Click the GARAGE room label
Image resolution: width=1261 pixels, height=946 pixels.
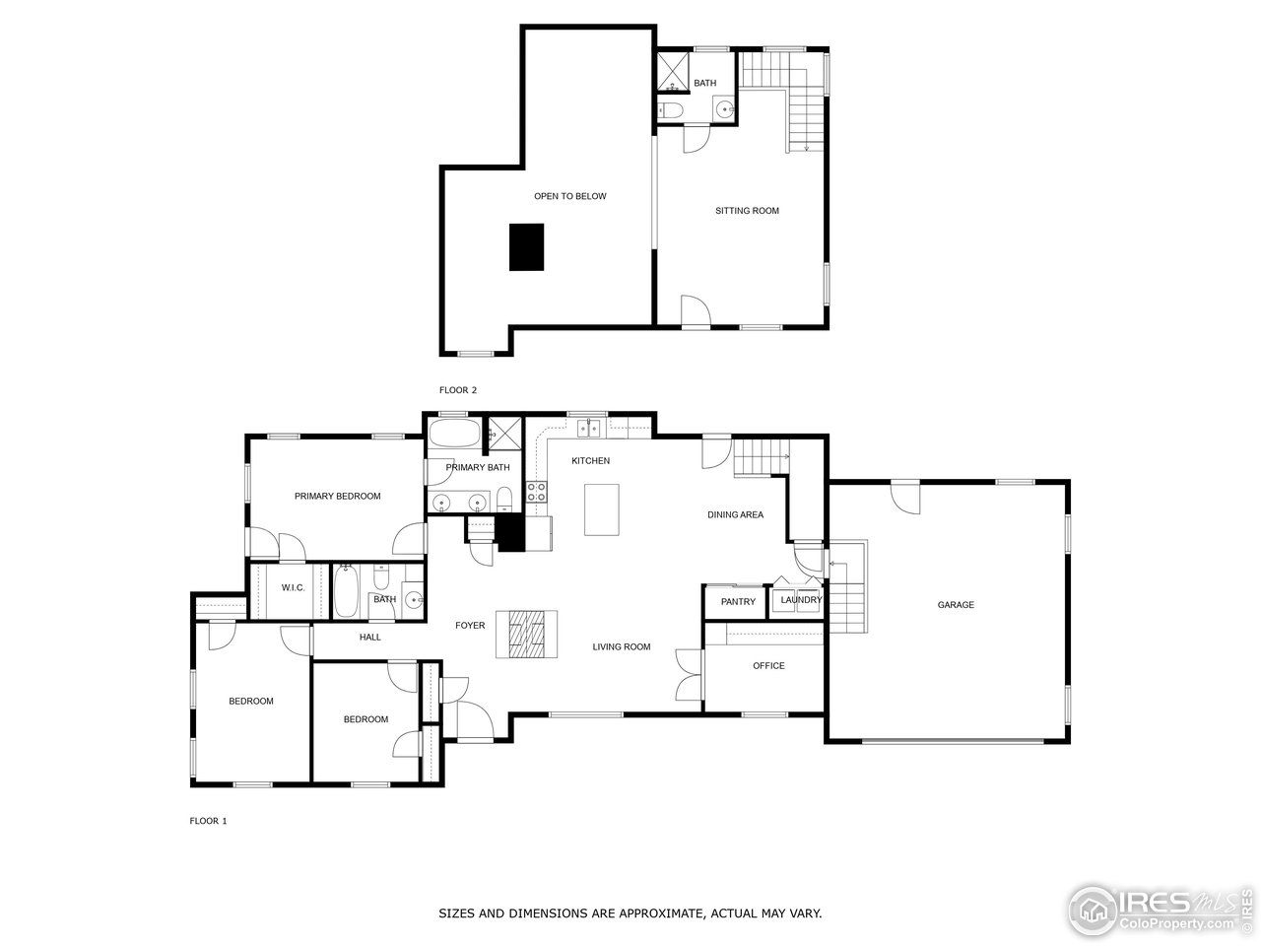pos(955,605)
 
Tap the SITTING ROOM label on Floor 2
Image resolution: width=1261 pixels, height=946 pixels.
pos(747,211)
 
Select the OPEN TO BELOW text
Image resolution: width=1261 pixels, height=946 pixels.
pos(570,196)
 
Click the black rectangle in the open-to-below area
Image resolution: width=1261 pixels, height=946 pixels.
pos(526,246)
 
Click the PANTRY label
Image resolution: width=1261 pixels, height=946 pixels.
pos(738,602)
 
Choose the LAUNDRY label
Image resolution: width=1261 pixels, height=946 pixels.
pos(801,600)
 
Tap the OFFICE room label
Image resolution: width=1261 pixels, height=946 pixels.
pos(768,666)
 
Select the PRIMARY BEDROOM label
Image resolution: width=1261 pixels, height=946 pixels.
pos(337,497)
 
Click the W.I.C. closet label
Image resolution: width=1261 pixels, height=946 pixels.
pos(293,588)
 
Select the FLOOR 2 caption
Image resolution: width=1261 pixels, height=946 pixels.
pos(457,390)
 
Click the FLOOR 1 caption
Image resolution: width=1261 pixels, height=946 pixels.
pos(208,821)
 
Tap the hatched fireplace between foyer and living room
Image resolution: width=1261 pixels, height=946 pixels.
pos(532,634)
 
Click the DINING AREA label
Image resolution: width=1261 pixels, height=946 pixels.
pos(735,515)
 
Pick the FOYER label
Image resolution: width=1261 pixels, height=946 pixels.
pos(470,626)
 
